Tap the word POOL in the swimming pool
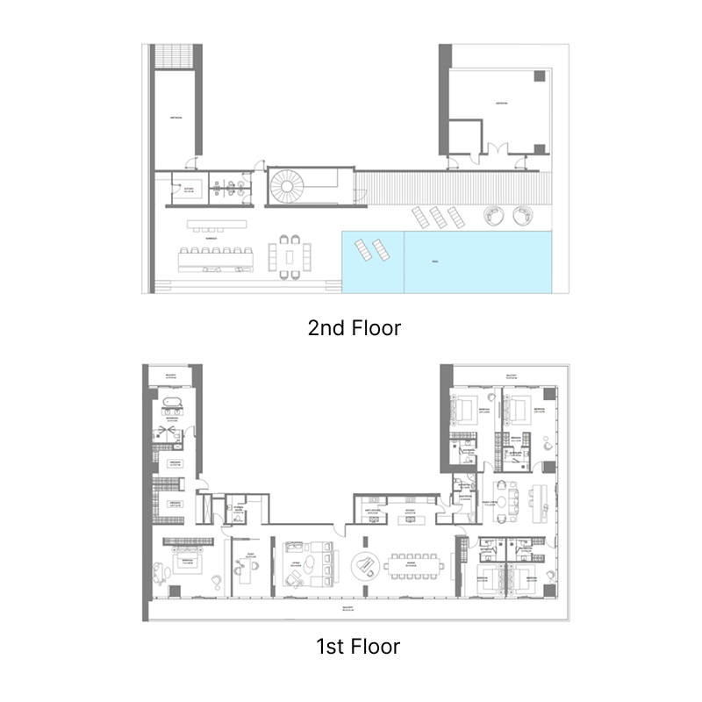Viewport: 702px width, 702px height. [435, 261]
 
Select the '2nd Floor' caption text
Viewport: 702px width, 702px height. [354, 328]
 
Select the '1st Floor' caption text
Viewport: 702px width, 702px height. [357, 648]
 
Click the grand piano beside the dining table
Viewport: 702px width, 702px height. [362, 566]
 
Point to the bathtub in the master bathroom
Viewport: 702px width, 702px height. [171, 406]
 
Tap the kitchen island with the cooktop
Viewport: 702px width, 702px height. [410, 519]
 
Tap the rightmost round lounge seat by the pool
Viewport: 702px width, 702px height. [524, 215]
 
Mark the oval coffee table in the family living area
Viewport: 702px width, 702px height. [502, 501]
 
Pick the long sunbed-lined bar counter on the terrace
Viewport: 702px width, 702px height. [215, 255]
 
